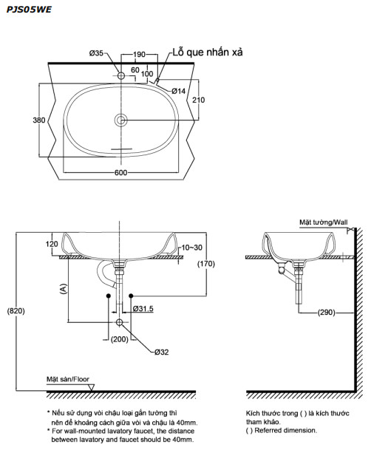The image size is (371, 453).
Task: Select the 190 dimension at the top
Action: (139, 54)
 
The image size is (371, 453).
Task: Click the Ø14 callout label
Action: (178, 91)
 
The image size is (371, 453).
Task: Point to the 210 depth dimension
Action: (198, 100)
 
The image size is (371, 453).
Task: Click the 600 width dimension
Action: (121, 172)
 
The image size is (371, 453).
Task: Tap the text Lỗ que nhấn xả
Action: (208, 52)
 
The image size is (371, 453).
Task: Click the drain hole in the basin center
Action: (121, 120)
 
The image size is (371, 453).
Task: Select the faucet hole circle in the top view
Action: (121, 75)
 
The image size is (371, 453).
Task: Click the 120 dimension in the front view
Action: (51, 243)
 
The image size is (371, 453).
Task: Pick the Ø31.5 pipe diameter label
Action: (143, 308)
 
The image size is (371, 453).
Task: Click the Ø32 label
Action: (162, 352)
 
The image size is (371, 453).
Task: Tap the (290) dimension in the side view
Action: (326, 313)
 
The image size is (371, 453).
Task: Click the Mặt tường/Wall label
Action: (323, 221)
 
